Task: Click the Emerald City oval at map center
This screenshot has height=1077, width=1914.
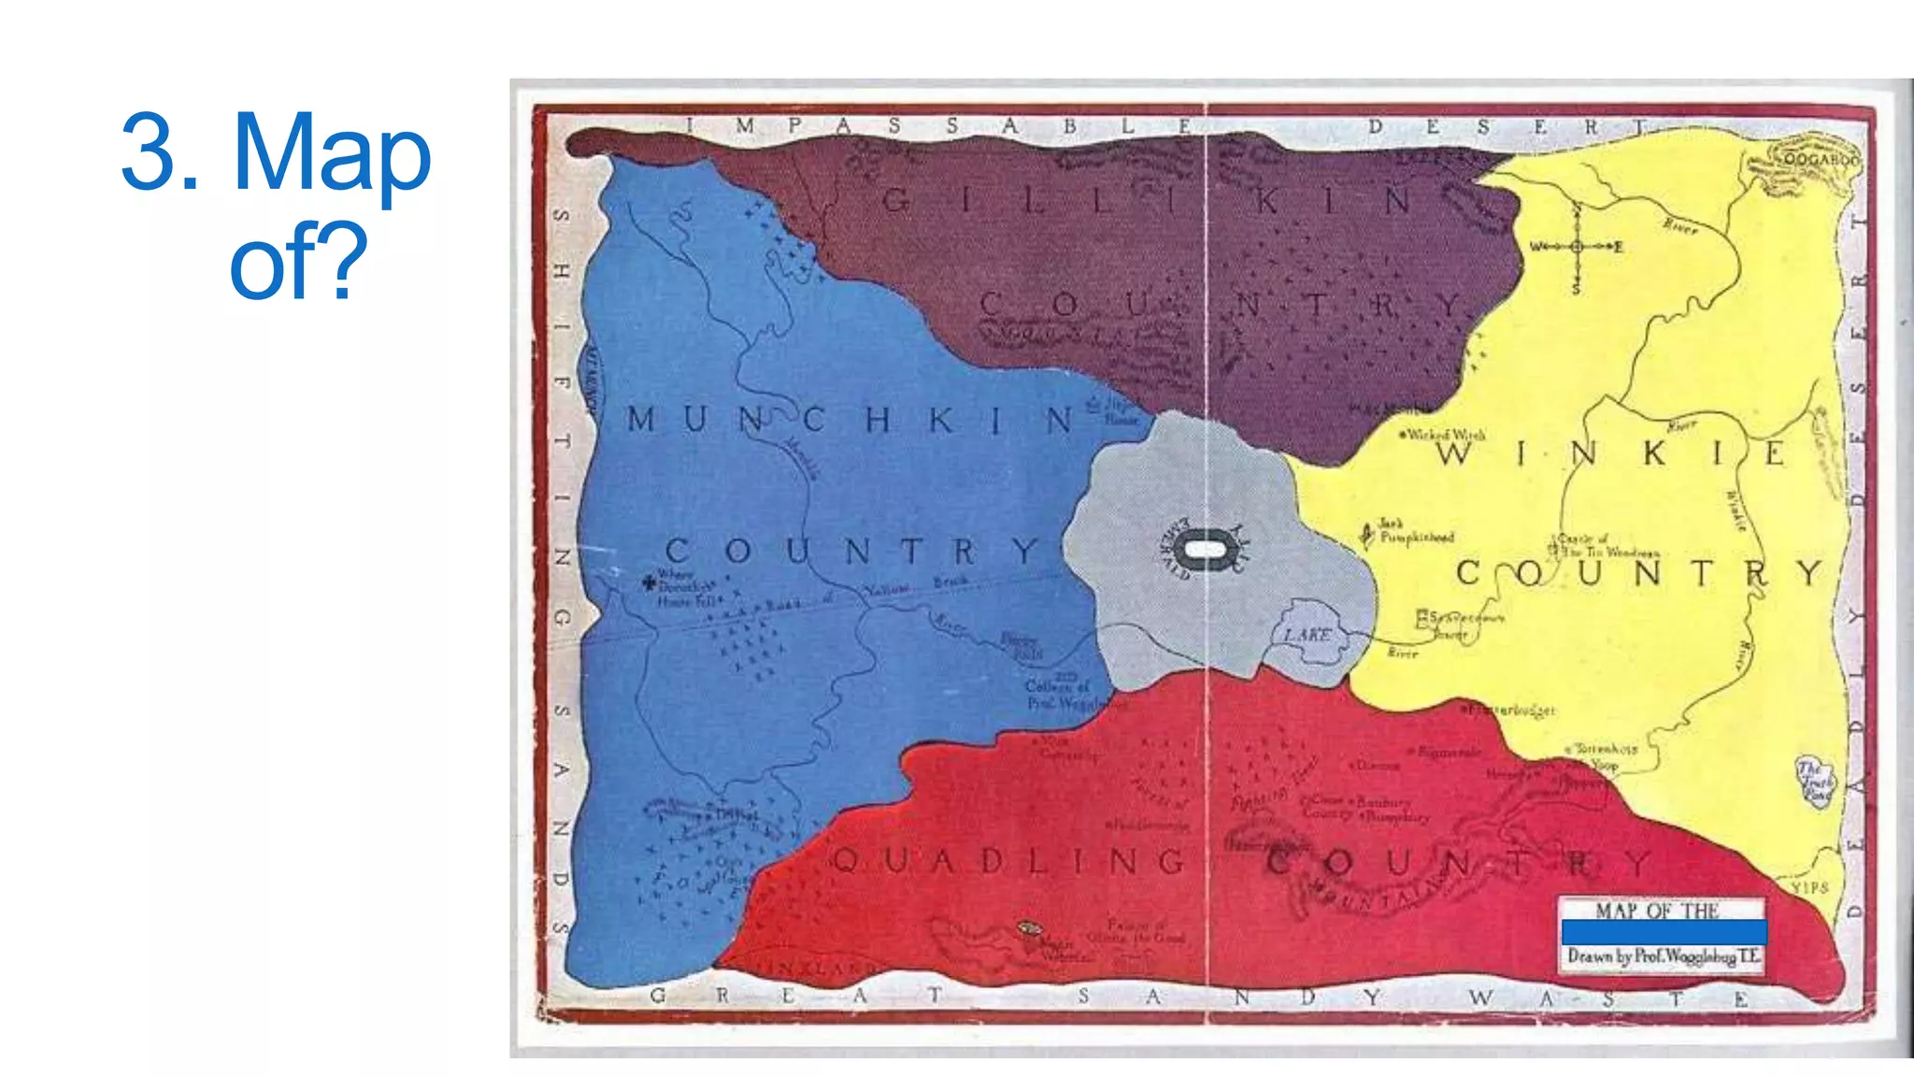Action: (1205, 550)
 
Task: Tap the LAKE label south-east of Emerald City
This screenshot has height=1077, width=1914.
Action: (1307, 635)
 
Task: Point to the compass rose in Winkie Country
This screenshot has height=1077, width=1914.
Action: (1577, 246)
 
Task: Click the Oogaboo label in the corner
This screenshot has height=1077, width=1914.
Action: (1819, 160)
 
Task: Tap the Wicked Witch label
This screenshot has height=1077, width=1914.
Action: (1443, 435)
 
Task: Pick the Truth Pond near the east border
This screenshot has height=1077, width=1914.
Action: (1816, 782)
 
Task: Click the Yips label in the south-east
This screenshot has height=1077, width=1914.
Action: (1809, 887)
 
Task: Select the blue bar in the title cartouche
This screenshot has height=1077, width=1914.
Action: (1664, 931)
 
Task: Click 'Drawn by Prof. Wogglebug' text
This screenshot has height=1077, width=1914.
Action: (1664, 956)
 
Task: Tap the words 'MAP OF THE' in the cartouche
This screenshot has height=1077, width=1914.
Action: (1656, 910)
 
